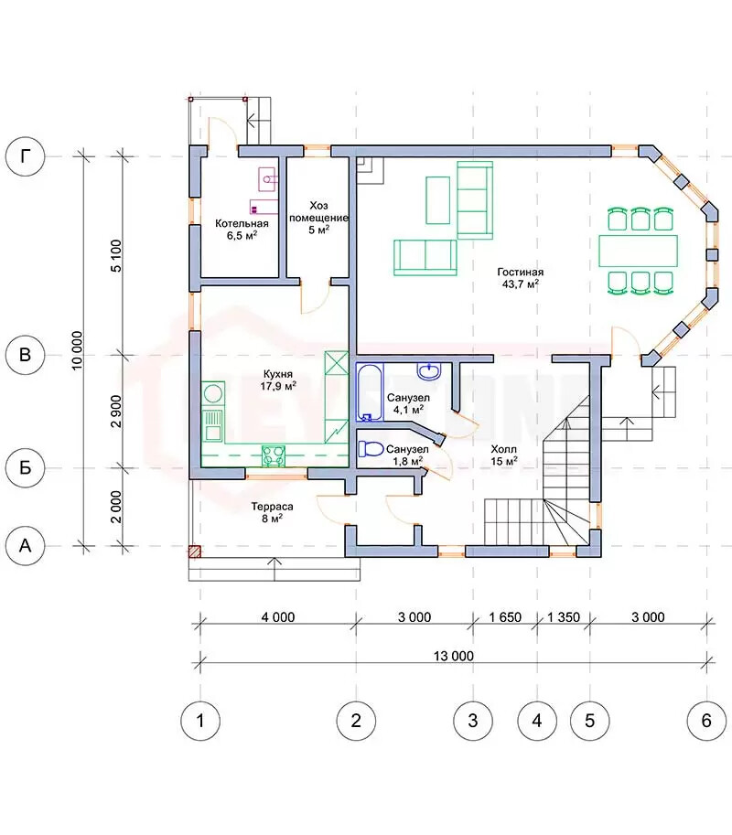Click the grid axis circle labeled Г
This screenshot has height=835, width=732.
(x=25, y=156)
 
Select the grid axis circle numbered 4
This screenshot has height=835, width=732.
(x=537, y=721)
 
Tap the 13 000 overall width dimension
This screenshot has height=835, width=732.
(x=453, y=656)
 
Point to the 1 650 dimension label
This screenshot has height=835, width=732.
(x=505, y=617)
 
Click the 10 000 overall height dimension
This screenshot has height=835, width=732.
(x=77, y=350)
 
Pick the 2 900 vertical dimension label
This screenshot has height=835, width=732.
(x=116, y=412)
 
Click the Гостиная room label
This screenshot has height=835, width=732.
(x=520, y=273)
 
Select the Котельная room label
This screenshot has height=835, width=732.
(x=242, y=223)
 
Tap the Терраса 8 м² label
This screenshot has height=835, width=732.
(x=273, y=512)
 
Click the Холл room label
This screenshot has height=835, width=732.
(x=503, y=449)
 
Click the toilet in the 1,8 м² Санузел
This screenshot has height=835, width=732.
(x=371, y=449)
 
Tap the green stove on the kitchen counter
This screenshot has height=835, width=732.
(x=274, y=456)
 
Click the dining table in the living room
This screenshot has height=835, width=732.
(x=639, y=251)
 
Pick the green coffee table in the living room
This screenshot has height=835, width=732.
(x=438, y=200)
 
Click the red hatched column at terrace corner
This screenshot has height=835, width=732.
(x=195, y=551)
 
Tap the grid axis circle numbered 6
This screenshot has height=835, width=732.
(x=706, y=721)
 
